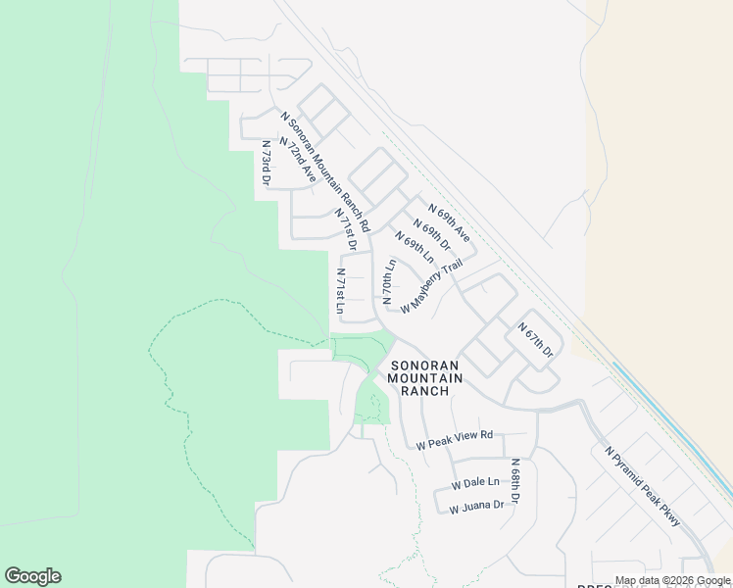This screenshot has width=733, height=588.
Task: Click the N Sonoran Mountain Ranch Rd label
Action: click(x=325, y=171)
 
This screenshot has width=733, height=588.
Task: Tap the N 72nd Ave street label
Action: click(x=298, y=158)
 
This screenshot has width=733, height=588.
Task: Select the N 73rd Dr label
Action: click(x=265, y=162)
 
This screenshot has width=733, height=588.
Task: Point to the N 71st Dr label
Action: click(x=345, y=229)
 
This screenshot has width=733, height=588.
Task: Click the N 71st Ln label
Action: click(x=340, y=291)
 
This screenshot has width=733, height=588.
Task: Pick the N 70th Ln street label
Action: click(x=388, y=282)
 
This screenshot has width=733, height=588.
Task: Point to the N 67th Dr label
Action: click(x=535, y=339)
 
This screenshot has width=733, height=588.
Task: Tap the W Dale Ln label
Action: click(x=475, y=483)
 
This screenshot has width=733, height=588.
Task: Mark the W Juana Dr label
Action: click(x=476, y=506)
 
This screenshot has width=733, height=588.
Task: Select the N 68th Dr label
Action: click(x=513, y=481)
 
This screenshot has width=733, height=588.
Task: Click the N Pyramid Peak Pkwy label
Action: click(x=642, y=487)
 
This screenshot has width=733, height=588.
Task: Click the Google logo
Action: click(x=32, y=576)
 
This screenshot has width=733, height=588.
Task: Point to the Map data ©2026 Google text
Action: click(x=673, y=580)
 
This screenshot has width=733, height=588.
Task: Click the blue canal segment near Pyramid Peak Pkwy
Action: click(x=676, y=421)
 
